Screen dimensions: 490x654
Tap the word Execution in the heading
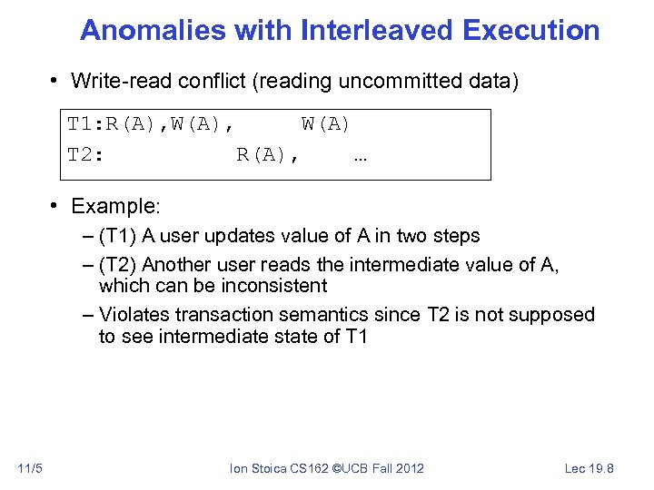530,30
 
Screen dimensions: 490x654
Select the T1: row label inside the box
86,124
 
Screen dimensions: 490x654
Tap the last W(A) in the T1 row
326,124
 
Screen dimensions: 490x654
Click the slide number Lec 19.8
590,468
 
